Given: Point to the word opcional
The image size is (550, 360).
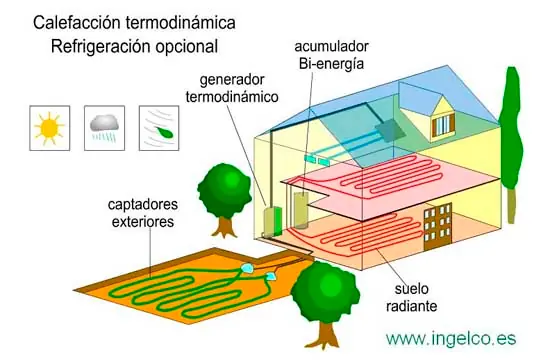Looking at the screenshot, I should pyautogui.click(x=184, y=46).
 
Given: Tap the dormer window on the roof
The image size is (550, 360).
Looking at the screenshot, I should pyautogui.click(x=442, y=124).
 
